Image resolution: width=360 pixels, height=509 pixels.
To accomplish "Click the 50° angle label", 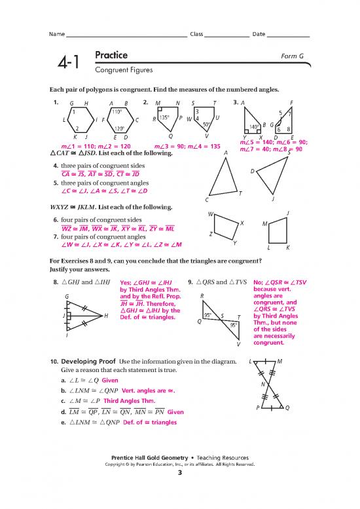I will [206, 124].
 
